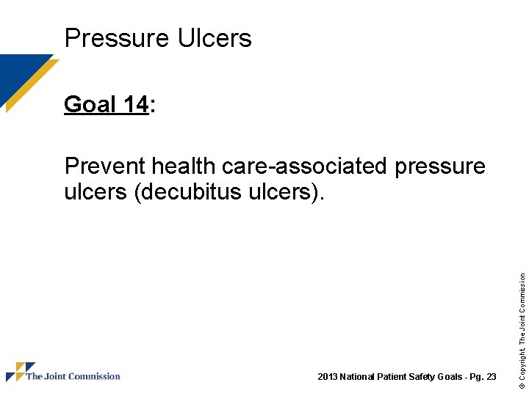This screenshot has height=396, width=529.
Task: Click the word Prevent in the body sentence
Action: pyautogui.click(x=105, y=166)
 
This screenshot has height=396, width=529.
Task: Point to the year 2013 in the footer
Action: pyautogui.click(x=327, y=377)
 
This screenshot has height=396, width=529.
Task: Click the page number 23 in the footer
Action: pyautogui.click(x=491, y=377)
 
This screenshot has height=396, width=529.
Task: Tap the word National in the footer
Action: pyautogui.click(x=358, y=377)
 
